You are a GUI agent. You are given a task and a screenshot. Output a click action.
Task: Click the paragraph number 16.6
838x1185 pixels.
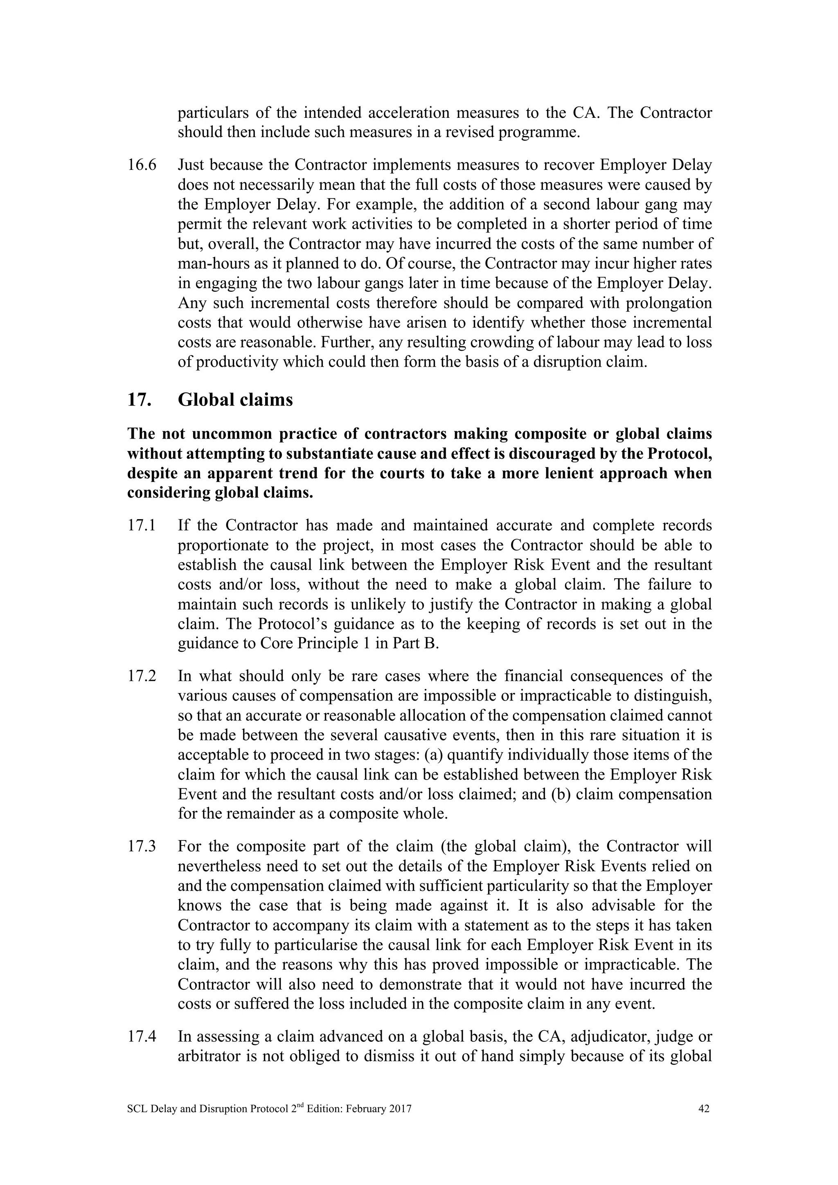pyautogui.click(x=142, y=165)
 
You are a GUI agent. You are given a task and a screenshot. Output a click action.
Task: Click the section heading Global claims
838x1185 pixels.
pyautogui.click(x=235, y=399)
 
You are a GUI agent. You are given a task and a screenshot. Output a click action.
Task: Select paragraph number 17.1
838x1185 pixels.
pyautogui.click(x=142, y=525)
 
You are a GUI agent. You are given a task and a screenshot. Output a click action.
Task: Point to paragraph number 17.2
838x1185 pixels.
pyautogui.click(x=142, y=676)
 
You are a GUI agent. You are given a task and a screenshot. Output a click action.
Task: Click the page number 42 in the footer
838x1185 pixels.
pyautogui.click(x=703, y=1108)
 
